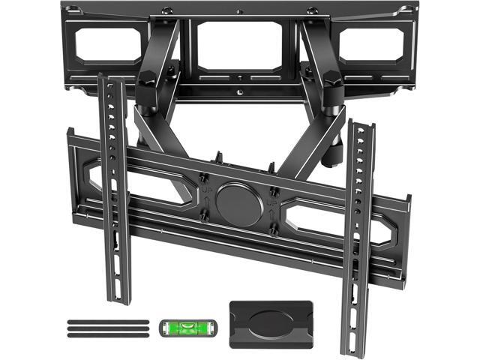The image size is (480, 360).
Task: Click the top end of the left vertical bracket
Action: [x=107, y=78]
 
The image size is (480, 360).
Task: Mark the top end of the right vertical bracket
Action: [x=361, y=124]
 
